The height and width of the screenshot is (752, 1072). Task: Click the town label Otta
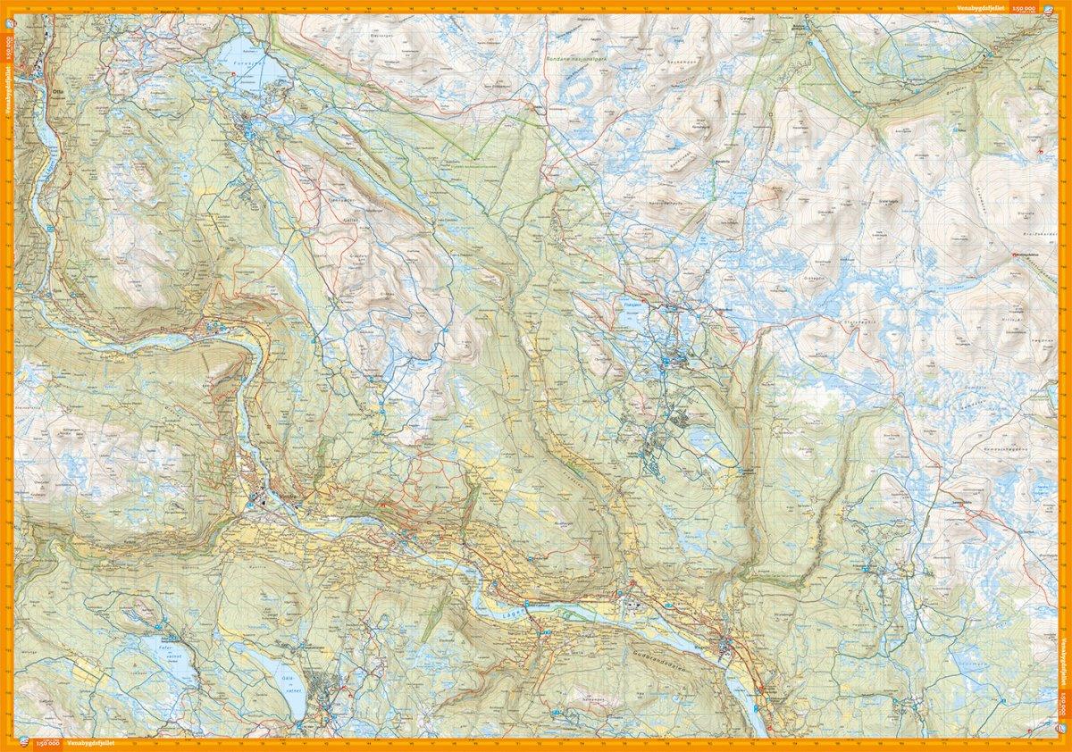click(x=60, y=91)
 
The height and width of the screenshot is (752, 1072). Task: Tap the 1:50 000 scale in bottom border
click(x=47, y=744)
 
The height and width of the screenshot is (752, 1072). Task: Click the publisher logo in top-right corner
click(x=1062, y=8)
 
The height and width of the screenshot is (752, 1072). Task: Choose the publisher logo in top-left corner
click(x=9, y=8)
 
